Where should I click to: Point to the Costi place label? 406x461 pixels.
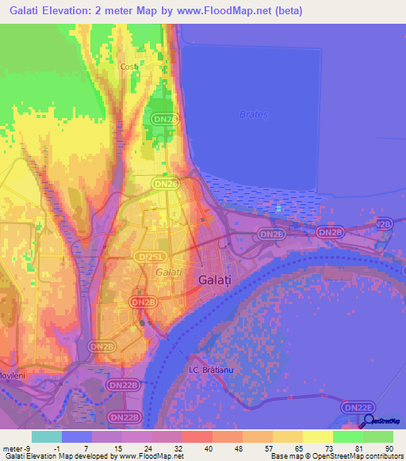click(129, 67)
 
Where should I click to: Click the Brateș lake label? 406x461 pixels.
click(255, 114)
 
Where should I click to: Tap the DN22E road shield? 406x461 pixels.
click(355, 406)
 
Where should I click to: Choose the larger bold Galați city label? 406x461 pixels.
click(214, 280)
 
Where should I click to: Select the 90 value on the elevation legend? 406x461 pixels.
click(388, 448)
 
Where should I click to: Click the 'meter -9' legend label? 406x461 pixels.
click(16, 448)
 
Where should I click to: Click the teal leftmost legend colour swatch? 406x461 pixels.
click(47, 436)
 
